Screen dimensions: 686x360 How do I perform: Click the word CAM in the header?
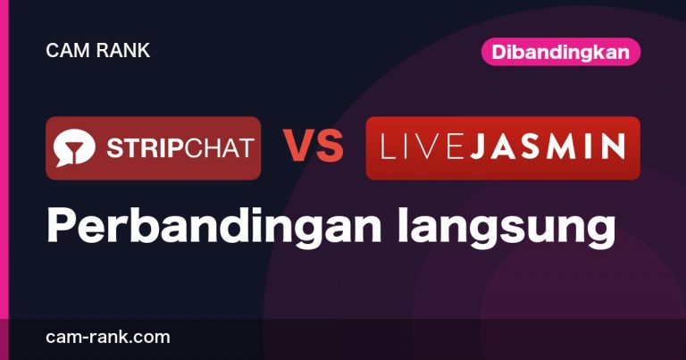67,50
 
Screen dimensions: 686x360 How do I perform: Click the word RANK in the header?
123,50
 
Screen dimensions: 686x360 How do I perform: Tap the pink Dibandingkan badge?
561,52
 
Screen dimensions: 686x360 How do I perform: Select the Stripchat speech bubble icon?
74,148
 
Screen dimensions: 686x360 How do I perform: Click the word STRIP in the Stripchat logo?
146,148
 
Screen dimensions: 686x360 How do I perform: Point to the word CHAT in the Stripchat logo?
219,148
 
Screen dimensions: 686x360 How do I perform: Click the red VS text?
313,147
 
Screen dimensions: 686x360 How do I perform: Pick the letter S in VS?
329,147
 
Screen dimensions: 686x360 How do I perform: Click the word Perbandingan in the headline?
214,225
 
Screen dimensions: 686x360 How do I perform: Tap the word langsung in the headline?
506,228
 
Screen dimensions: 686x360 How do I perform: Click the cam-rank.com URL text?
107,338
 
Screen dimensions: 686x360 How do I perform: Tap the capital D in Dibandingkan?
498,52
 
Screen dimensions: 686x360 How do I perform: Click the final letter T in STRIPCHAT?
247,148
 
